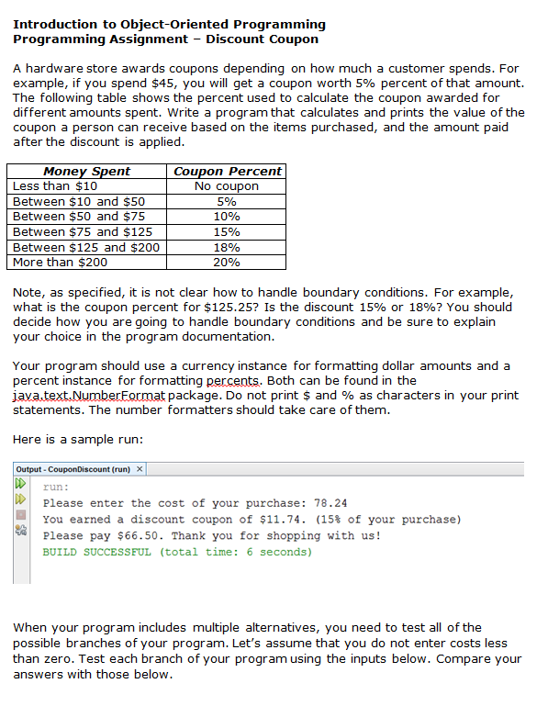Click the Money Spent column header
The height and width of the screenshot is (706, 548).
87,171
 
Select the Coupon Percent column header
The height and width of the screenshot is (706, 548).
228,171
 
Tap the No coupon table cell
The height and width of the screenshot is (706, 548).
228,186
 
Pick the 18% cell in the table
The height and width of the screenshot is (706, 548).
228,247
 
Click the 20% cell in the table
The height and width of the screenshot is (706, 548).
228,263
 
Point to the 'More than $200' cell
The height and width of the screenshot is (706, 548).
61,263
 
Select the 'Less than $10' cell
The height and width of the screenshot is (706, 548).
55,186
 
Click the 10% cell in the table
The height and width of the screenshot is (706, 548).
228,217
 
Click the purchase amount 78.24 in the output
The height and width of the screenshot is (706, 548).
329,503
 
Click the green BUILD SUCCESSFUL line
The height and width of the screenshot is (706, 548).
177,553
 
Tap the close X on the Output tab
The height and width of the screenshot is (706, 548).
140,470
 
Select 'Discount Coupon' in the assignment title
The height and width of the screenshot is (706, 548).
263,39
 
